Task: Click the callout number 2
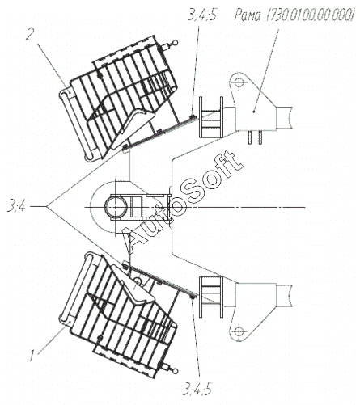(x=31, y=33)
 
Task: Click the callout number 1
(x=32, y=355)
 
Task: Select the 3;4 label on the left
(x=16, y=207)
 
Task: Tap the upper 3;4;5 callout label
(x=202, y=15)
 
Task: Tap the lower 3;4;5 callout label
(x=197, y=389)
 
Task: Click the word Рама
(x=248, y=15)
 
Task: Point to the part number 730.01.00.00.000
(x=310, y=15)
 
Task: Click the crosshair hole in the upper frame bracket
(x=238, y=82)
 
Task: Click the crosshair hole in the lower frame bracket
(x=238, y=331)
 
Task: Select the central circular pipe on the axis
(x=116, y=207)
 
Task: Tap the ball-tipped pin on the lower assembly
(x=170, y=369)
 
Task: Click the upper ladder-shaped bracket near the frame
(x=211, y=117)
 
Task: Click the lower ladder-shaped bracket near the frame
(x=211, y=297)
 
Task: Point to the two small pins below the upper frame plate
(x=255, y=137)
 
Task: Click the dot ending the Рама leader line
(x=254, y=112)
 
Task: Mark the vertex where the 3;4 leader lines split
(x=46, y=207)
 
